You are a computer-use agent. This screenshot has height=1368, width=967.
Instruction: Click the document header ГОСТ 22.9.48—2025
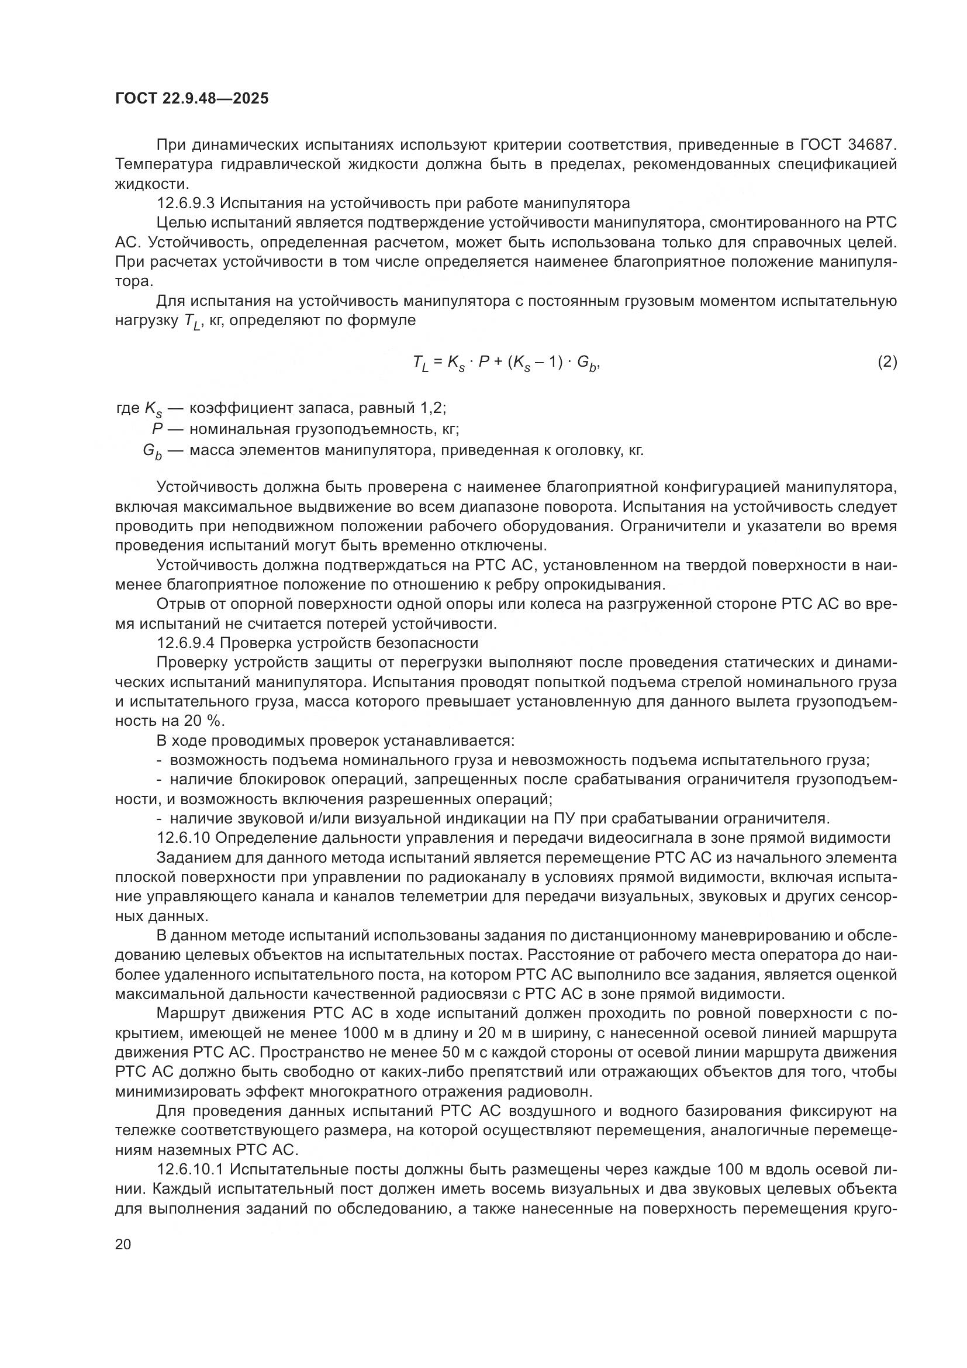(x=192, y=98)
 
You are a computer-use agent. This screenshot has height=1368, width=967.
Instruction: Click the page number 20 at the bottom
(x=123, y=1244)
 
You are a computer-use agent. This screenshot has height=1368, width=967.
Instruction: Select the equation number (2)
(x=887, y=361)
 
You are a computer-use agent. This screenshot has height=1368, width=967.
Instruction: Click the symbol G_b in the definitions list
(x=152, y=451)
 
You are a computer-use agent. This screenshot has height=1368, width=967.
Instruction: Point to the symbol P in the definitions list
(x=157, y=429)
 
